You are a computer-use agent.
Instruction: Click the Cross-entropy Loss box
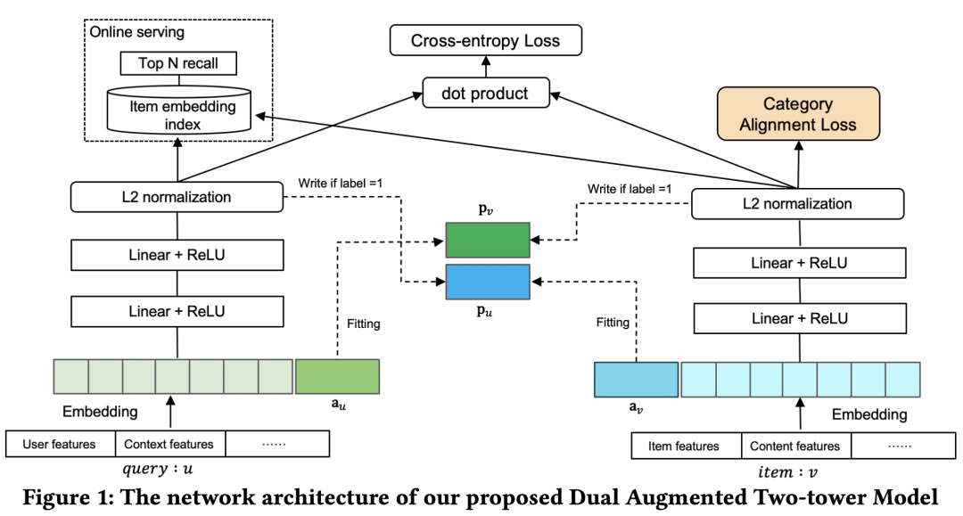486,40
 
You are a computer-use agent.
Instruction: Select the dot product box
485,94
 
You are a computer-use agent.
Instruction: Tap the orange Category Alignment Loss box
797,114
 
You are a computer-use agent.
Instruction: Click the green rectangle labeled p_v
487,241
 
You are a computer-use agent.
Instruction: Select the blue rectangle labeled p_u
487,282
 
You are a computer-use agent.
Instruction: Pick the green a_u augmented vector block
337,376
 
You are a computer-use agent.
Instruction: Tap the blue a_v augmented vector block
637,379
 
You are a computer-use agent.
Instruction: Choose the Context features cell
169,444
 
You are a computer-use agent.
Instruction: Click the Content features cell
795,446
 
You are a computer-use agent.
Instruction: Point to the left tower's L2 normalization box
177,197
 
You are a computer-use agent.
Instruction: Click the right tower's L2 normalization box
798,204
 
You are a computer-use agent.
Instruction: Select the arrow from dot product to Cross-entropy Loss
486,68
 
